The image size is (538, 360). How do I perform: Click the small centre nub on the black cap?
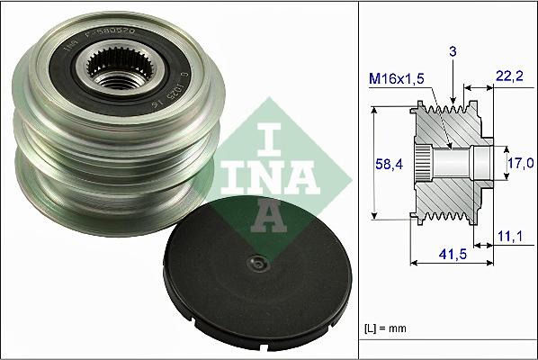point(258,264)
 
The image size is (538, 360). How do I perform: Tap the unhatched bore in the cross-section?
point(463,163)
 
